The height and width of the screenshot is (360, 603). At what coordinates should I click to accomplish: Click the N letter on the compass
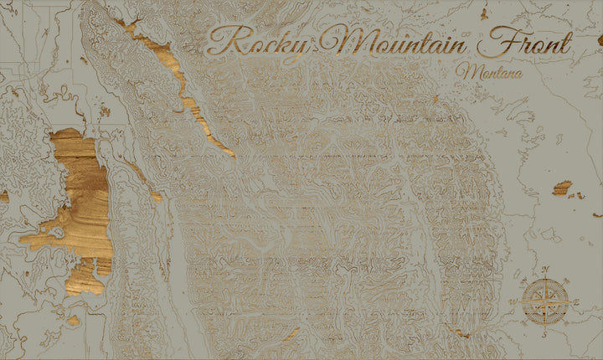click(546, 270)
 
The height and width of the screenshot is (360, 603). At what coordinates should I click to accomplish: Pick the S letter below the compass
click(545, 333)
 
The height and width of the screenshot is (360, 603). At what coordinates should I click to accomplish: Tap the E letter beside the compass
click(576, 301)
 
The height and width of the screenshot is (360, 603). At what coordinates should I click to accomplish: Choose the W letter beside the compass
click(517, 301)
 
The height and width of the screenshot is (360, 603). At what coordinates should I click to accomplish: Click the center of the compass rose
click(546, 301)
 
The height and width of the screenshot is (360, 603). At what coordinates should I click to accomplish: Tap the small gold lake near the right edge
click(562, 188)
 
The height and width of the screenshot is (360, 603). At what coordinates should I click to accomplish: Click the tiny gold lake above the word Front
click(484, 13)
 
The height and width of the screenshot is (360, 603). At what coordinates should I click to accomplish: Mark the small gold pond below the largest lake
click(74, 320)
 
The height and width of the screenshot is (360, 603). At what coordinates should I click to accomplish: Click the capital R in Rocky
click(222, 40)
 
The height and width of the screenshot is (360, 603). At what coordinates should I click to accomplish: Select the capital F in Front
click(501, 39)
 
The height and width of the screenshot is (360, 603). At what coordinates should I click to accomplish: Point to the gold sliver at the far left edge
click(3, 196)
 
